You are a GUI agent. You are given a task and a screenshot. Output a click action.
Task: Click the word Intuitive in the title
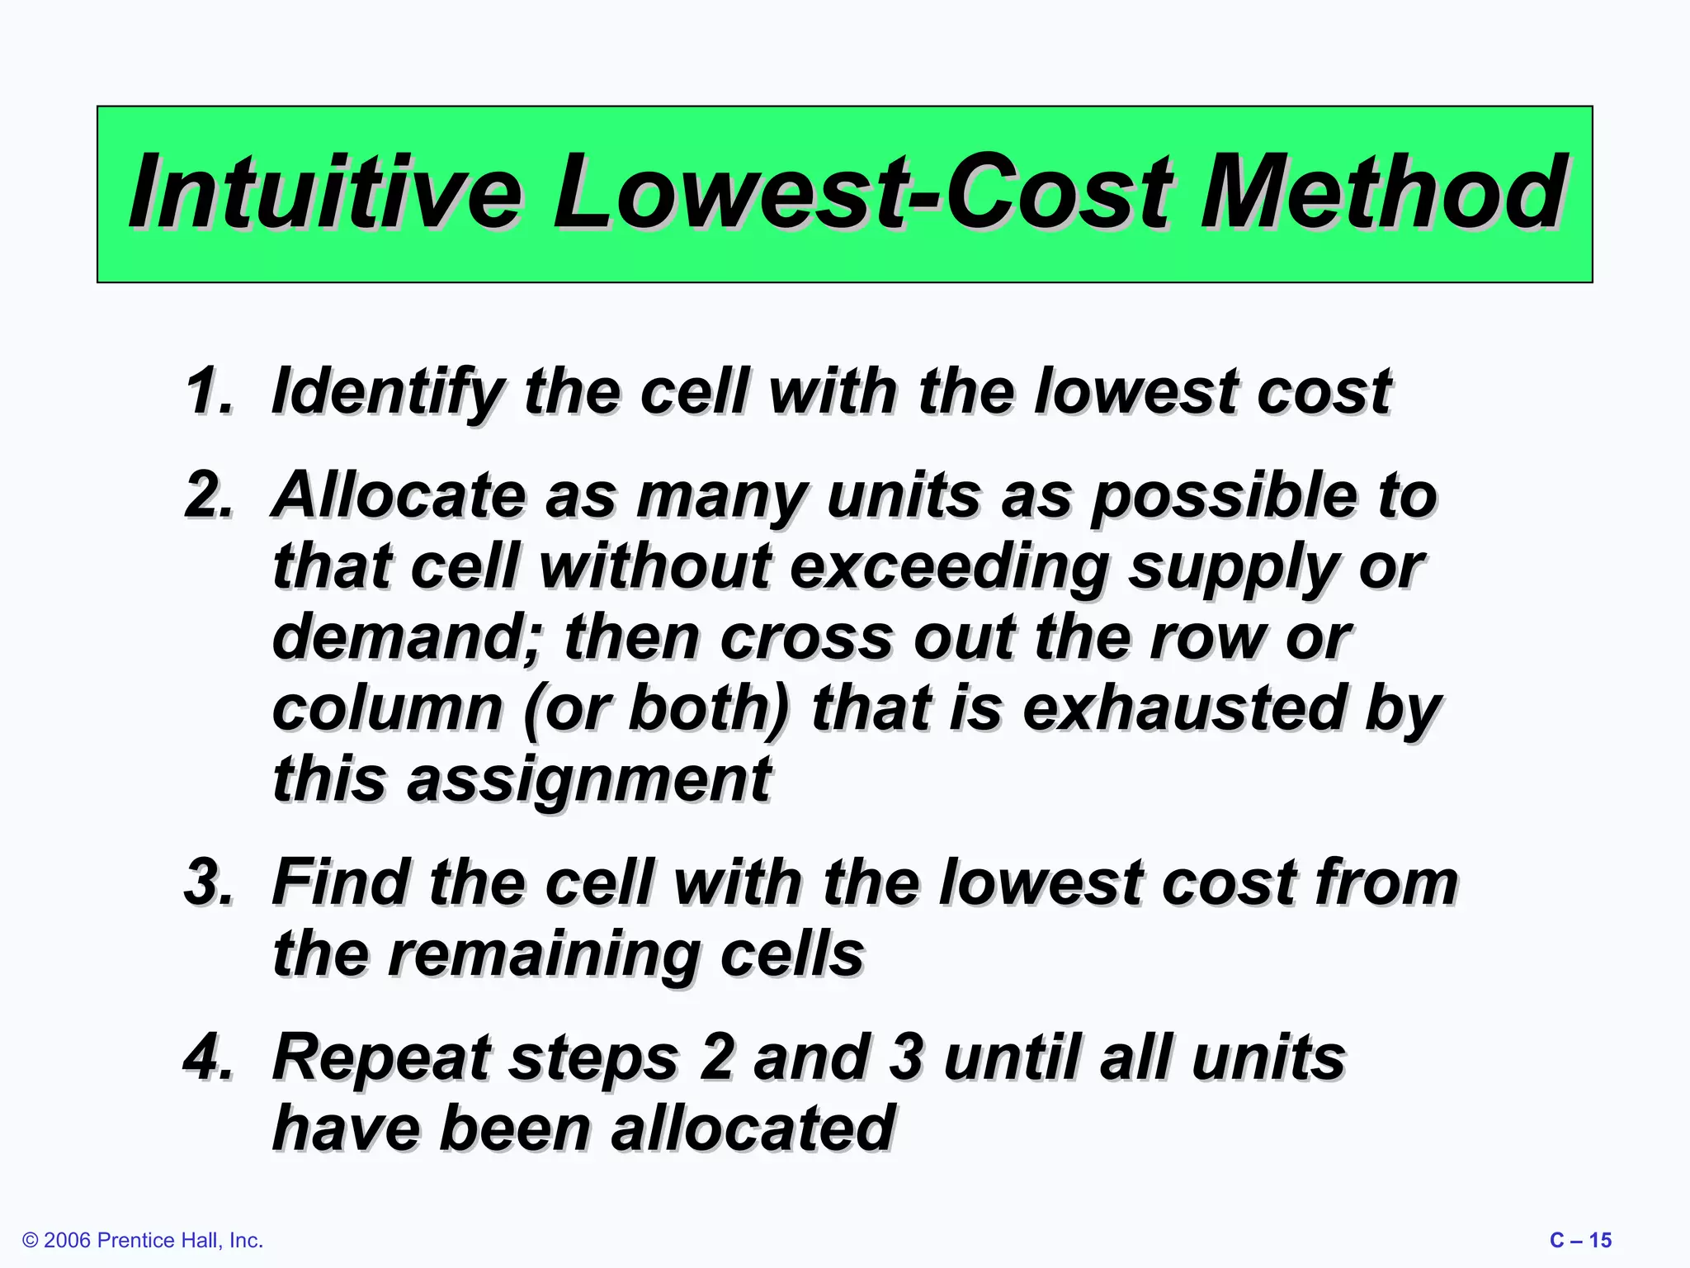click(326, 193)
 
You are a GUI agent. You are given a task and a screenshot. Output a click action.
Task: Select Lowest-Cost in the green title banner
click(862, 193)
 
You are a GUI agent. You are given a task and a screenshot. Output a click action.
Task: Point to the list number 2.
click(208, 495)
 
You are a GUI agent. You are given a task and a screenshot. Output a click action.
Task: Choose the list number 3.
click(208, 882)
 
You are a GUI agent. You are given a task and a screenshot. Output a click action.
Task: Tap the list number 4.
click(208, 1057)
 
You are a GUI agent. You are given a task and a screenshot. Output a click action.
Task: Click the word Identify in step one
click(386, 391)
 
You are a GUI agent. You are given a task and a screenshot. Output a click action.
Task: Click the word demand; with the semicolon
click(404, 637)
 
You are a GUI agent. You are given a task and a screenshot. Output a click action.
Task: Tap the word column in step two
click(386, 708)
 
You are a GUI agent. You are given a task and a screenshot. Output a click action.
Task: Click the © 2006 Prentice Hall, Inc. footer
click(143, 1240)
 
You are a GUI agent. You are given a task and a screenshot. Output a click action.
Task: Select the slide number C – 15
click(1580, 1240)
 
